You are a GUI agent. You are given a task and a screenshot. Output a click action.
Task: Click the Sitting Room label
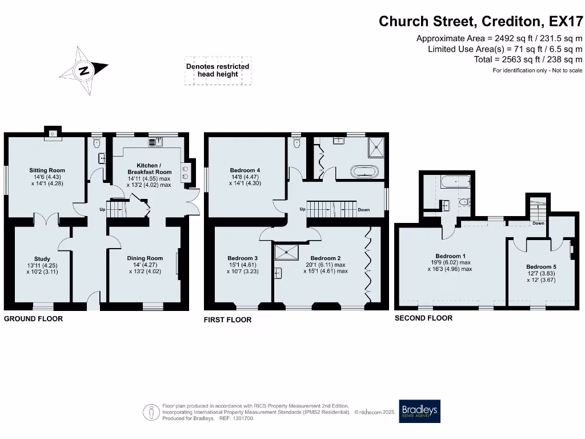point(47,170)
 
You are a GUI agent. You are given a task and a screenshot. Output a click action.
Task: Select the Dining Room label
point(145,258)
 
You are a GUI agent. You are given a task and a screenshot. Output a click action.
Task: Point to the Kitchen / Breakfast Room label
point(149,169)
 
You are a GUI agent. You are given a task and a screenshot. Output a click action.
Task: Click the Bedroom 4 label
point(245,170)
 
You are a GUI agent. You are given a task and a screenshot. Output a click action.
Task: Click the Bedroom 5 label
point(540,267)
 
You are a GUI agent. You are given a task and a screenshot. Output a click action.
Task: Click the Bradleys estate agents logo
point(420,410)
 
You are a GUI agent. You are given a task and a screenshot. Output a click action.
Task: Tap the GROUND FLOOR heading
point(34,318)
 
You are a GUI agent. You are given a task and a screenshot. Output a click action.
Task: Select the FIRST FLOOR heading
point(227,320)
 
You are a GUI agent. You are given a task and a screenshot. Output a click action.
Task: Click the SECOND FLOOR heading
point(423,318)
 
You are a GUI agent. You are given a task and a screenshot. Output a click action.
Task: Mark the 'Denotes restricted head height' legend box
point(218,70)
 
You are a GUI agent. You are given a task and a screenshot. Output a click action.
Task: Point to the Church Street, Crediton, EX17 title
point(482,22)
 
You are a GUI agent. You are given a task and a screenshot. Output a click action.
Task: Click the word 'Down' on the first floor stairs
point(363,210)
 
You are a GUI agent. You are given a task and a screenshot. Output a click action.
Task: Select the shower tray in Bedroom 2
point(282,252)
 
